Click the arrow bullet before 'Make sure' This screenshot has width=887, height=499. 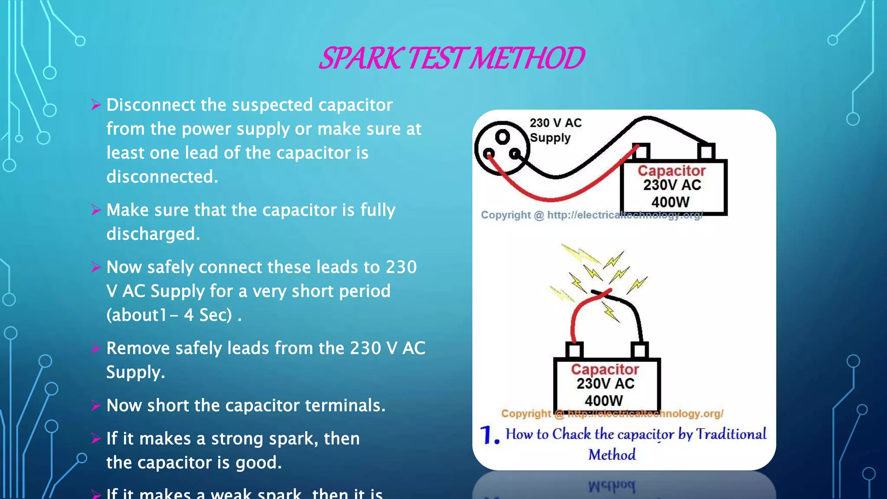tap(96, 210)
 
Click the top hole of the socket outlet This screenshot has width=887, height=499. tap(502, 137)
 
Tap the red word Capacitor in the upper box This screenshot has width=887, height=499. tap(671, 171)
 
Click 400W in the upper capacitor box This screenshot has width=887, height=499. tap(670, 202)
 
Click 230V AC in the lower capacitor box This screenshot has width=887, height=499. tap(605, 383)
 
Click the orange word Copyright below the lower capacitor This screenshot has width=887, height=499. tap(526, 413)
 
